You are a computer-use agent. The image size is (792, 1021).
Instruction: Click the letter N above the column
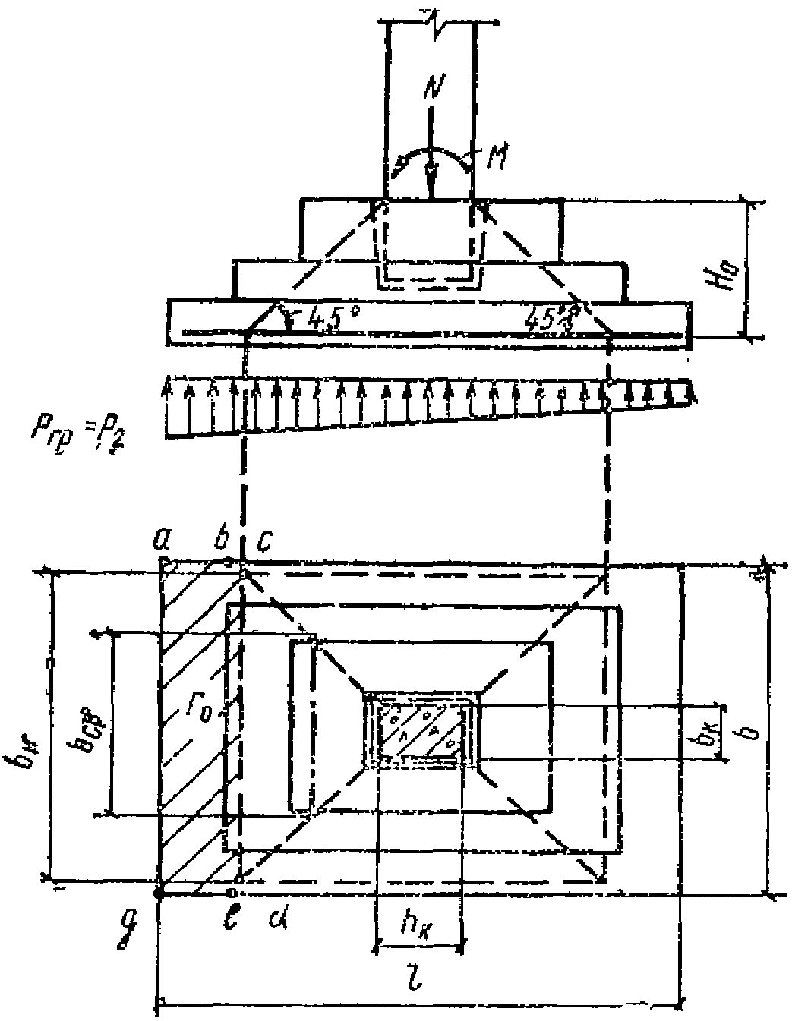coord(431,90)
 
